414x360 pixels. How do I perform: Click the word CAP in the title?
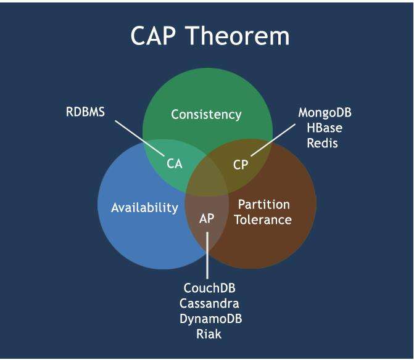tap(153, 36)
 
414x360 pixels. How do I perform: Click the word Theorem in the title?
tap(238, 36)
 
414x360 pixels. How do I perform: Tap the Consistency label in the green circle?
tap(206, 115)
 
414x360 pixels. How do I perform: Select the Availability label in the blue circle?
tap(145, 208)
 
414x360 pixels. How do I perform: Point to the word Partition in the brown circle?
tap(264, 205)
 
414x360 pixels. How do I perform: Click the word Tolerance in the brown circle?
tap(263, 220)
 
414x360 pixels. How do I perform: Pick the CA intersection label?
tap(175, 164)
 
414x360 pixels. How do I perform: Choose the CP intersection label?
tap(241, 165)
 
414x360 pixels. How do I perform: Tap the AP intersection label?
tap(207, 218)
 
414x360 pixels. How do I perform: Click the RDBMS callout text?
tap(85, 112)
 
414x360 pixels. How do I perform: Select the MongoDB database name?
tap(325, 113)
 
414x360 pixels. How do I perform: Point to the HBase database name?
tap(325, 128)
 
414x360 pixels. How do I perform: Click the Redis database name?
tap(323, 143)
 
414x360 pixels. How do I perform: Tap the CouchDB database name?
tap(209, 288)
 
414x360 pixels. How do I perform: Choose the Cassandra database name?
tap(209, 303)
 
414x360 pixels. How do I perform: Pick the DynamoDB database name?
tap(210, 319)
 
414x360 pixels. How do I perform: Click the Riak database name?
tap(209, 334)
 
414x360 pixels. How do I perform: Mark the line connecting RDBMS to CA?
tap(139, 138)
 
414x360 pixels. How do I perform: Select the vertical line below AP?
tap(207, 255)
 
